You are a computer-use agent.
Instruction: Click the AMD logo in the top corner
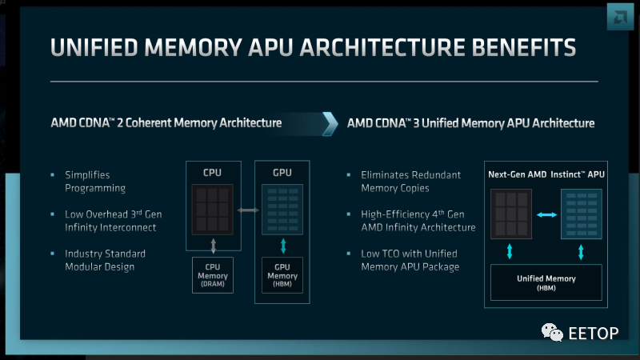coord(620,17)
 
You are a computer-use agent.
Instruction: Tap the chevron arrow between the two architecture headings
coord(330,124)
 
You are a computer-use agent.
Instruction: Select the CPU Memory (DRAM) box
coord(213,275)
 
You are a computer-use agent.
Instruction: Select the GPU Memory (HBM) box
coord(282,275)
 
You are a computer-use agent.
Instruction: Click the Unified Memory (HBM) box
coord(546,282)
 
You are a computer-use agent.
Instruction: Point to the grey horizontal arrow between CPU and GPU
coord(248,210)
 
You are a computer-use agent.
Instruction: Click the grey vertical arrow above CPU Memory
coord(213,246)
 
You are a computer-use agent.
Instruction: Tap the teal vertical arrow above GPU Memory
coord(283,246)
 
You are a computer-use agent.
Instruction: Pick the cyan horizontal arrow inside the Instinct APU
coord(546,214)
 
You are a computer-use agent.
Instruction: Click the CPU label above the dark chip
coord(212,173)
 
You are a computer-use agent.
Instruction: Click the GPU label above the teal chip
coord(282,173)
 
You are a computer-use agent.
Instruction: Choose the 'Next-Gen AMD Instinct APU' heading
coord(546,174)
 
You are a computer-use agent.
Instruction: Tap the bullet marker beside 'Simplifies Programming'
coord(52,174)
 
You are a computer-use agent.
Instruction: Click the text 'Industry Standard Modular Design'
coord(105,261)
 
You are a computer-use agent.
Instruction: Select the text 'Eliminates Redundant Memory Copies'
coord(410,182)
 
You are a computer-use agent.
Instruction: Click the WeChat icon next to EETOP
coord(552,332)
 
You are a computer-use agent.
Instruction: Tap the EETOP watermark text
coord(594,334)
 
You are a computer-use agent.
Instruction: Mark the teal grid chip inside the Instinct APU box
coord(582,214)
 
